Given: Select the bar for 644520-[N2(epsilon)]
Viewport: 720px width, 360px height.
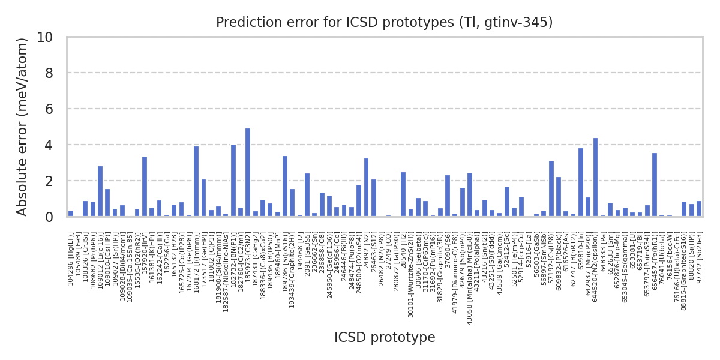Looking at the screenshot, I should [595, 178].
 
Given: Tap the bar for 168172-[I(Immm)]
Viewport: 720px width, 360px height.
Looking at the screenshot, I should [196, 182].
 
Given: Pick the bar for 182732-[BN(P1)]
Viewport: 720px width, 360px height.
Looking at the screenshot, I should [233, 181].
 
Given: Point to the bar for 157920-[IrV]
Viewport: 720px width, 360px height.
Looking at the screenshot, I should [145, 187].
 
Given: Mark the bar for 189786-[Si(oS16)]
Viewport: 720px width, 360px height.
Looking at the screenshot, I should [285, 187].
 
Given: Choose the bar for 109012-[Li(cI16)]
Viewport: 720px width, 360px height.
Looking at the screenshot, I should [100, 191].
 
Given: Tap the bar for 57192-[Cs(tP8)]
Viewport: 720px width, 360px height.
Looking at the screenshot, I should [551, 189].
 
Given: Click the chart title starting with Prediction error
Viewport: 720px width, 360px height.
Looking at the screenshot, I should [384, 23].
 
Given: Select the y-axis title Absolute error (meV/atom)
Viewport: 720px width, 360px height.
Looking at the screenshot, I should [23, 126].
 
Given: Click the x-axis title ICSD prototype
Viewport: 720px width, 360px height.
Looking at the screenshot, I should [384, 338].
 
